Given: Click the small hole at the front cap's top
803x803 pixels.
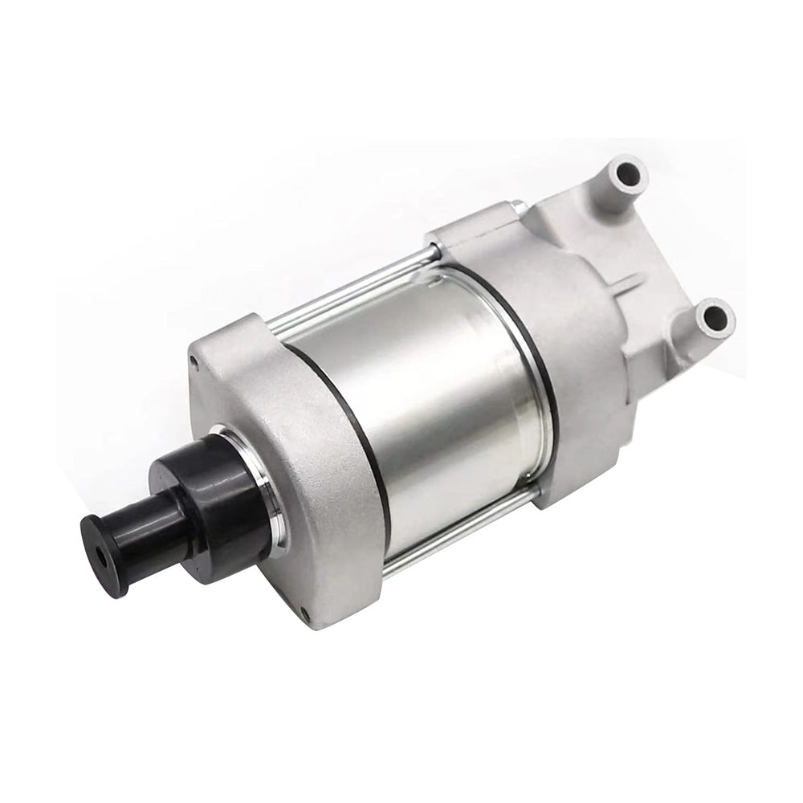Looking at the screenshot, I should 195,362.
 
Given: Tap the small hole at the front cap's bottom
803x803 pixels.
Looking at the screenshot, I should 306,615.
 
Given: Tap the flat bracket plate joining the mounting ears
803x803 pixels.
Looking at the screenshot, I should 650,241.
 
